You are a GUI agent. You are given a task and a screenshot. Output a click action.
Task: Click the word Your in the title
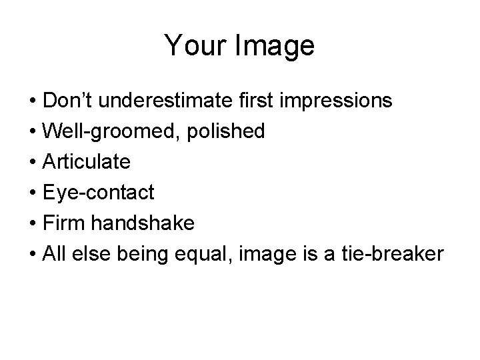tap(194, 46)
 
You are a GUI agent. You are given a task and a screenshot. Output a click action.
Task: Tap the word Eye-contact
tap(97, 193)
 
